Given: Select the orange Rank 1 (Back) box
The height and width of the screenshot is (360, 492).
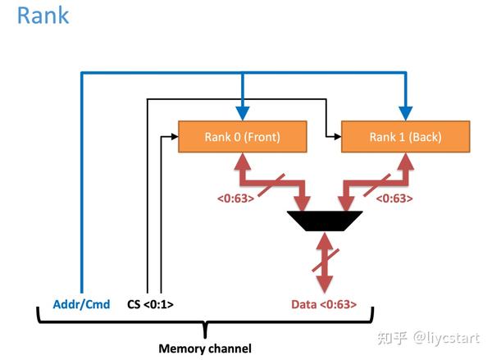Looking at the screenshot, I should tap(405, 137).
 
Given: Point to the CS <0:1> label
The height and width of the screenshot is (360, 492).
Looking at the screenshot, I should tap(151, 305).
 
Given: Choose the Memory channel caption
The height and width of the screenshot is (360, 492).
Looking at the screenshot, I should tap(204, 348).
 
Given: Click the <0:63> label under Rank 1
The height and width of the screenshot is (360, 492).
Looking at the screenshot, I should tap(394, 198).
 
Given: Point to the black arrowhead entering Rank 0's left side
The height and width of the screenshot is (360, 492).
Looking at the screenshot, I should tap(173, 137).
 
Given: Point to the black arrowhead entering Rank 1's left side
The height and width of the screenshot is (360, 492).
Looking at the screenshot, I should tap(335, 137).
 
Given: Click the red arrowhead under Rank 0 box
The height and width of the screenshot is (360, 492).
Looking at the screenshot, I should tap(243, 161).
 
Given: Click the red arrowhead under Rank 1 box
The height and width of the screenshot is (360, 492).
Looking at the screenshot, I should tap(405, 161).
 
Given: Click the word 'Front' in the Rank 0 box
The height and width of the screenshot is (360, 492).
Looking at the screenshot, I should tap(261, 137).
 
